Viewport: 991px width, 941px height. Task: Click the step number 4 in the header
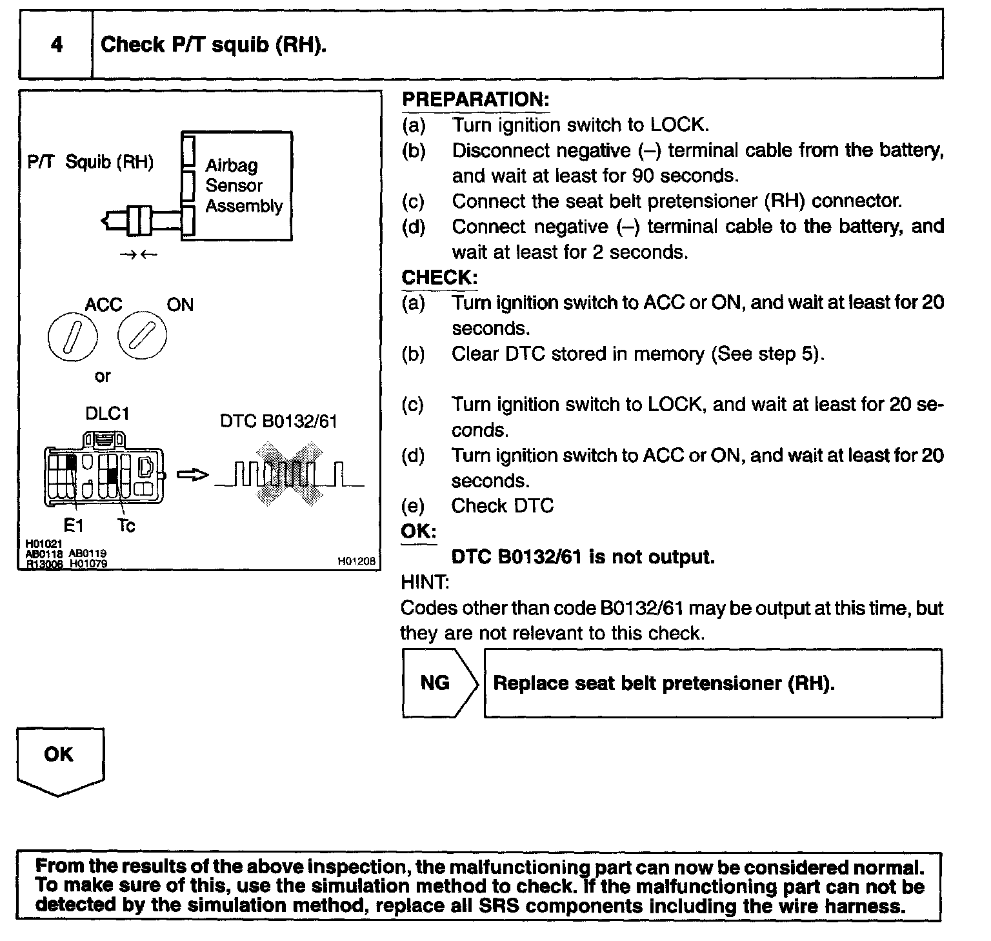click(x=57, y=45)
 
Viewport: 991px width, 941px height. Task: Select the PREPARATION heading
click(x=475, y=99)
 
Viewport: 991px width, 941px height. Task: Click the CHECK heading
click(x=439, y=278)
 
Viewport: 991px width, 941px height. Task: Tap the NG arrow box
click(x=439, y=683)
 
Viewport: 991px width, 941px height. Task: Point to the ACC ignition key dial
click(x=72, y=336)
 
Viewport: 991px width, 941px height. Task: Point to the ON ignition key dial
click(x=142, y=336)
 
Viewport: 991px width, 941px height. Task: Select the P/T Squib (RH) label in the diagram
click(x=90, y=161)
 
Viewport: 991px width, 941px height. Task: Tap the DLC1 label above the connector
click(x=107, y=413)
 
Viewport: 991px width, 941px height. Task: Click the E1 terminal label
click(x=74, y=526)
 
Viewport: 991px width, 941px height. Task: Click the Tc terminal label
click(x=126, y=526)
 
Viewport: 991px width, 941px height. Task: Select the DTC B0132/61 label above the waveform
click(x=278, y=421)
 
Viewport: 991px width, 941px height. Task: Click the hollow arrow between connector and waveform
click(x=192, y=475)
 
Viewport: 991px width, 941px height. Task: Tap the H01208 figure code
click(x=356, y=562)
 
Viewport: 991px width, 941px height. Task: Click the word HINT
click(x=425, y=582)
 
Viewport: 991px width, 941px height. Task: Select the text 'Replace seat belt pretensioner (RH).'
click(x=664, y=683)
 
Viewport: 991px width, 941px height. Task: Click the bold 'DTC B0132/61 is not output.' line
click(x=583, y=557)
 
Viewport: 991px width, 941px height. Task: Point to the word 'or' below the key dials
click(x=102, y=376)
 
